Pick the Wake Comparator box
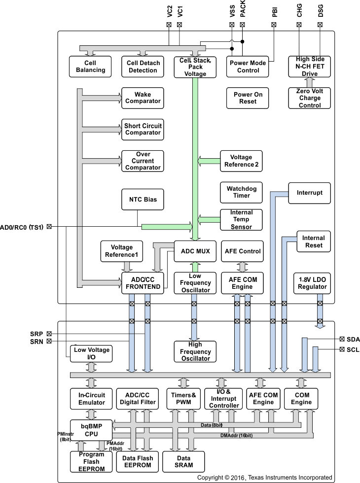pyautogui.click(x=143, y=98)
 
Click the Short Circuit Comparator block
pyautogui.click(x=143, y=129)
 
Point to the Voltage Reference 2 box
pyautogui.click(x=241, y=161)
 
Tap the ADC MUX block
pyautogui.click(x=195, y=251)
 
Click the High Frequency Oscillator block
pyautogui.click(x=195, y=351)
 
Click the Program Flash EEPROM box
pyautogui.click(x=87, y=461)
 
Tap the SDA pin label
pyautogui.click(x=353, y=339)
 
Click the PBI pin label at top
pyautogui.click(x=275, y=12)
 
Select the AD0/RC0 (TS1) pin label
pyautogui.click(x=23, y=227)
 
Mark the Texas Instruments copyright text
pyautogui.click(x=264, y=478)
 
